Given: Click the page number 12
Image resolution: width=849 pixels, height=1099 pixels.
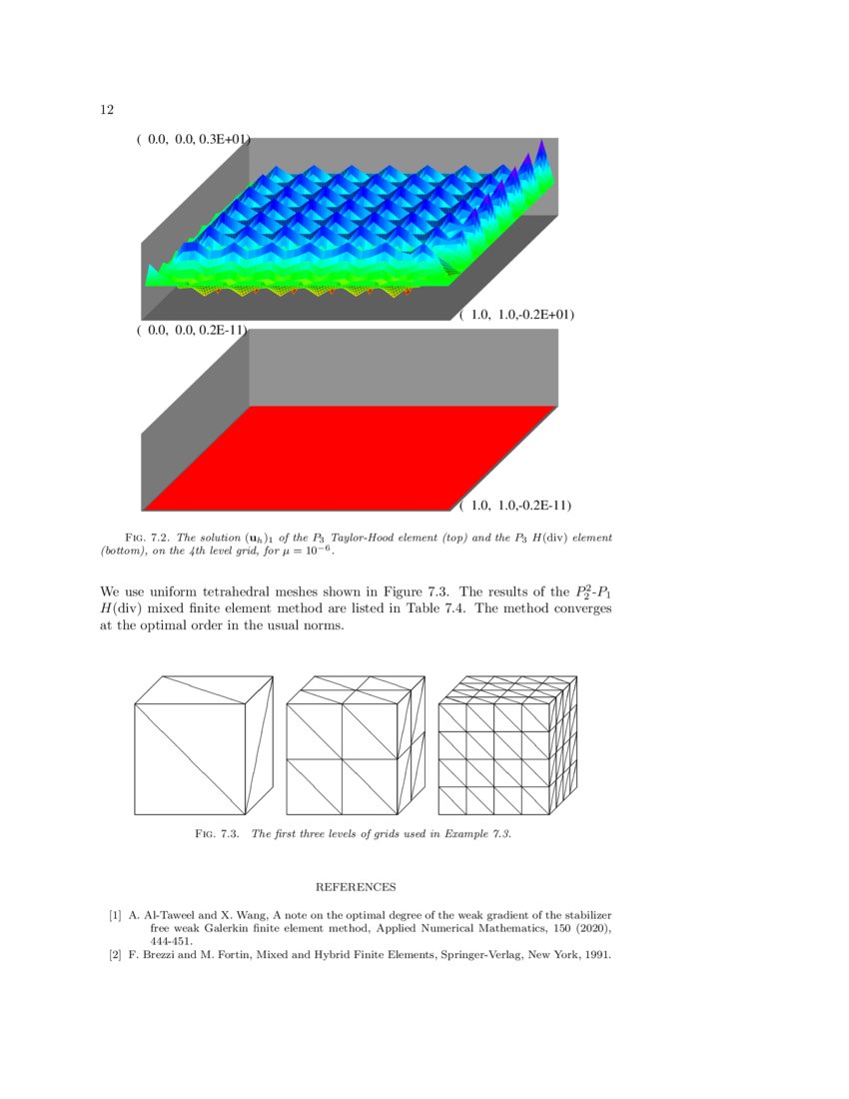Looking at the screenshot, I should coord(107,110).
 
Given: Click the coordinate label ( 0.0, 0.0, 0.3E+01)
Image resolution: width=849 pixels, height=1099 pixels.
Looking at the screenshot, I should coord(192,141).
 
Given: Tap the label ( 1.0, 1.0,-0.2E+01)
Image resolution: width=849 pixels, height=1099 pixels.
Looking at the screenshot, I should coord(516,315).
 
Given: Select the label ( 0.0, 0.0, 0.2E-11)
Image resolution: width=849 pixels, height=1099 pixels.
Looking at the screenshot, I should coord(192,330).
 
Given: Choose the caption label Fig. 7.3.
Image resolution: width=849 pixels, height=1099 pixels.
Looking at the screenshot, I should coord(218,834).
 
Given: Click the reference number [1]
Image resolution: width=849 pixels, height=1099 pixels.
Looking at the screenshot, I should coord(116,915).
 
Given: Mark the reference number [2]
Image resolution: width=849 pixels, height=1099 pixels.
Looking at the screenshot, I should coord(116,954).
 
